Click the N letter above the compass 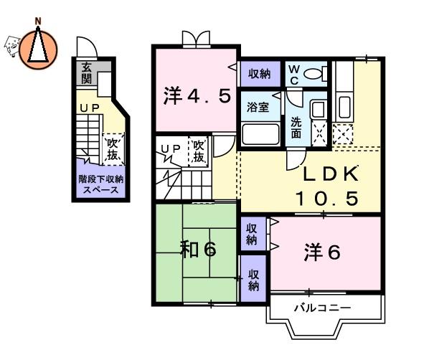38,21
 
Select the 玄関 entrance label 87,73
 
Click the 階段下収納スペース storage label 100,184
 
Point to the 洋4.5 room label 197,96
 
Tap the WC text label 294,75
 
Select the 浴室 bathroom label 258,107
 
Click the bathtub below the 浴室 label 260,134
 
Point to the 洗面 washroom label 296,127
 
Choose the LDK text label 331,174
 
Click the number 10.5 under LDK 326,199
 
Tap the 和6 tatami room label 198,250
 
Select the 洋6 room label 322,252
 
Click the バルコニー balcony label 322,308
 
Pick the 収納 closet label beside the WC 260,74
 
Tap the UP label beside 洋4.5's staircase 171,148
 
